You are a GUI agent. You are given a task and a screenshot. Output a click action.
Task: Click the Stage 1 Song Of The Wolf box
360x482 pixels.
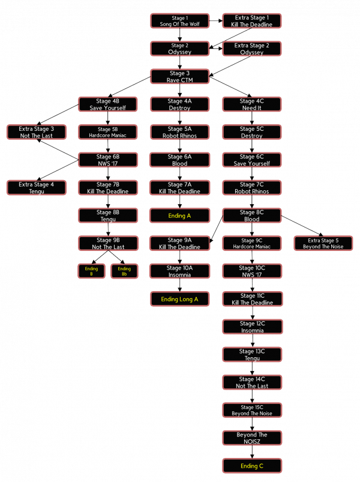[x=179, y=21]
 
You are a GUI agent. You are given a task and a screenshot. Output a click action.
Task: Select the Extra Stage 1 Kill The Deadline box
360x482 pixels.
[x=251, y=21]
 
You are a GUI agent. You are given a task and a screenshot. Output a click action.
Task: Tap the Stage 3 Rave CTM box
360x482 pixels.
[x=179, y=77]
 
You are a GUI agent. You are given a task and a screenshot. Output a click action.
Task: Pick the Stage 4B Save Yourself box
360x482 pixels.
[x=107, y=104]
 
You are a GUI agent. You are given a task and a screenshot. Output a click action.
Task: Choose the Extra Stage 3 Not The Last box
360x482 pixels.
[x=36, y=132]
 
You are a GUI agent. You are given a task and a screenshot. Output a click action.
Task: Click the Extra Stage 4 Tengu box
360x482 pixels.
[x=36, y=188]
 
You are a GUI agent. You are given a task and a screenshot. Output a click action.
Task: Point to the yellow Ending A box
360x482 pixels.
[x=179, y=215]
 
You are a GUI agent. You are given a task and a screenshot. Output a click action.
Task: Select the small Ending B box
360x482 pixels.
[x=91, y=271]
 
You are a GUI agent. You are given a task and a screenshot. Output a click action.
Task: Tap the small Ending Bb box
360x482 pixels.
[x=124, y=271]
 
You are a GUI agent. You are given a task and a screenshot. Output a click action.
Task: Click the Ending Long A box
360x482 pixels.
[x=179, y=299]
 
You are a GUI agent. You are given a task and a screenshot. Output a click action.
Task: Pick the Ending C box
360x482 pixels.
[x=252, y=466]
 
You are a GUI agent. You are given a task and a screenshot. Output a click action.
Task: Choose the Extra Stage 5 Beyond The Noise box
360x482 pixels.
[x=323, y=244]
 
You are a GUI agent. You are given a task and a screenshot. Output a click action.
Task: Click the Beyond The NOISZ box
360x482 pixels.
[x=252, y=438]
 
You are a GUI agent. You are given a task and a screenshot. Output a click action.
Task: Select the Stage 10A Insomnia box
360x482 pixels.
[x=179, y=271]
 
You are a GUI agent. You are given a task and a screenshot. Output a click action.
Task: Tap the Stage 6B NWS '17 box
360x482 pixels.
[x=107, y=160]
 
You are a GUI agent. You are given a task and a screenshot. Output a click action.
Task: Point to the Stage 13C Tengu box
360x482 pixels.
[x=252, y=355]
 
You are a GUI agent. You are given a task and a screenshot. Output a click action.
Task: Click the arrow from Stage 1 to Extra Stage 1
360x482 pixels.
[x=216, y=21]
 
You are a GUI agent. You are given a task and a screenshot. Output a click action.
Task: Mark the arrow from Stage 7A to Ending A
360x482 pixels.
[x=179, y=202]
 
